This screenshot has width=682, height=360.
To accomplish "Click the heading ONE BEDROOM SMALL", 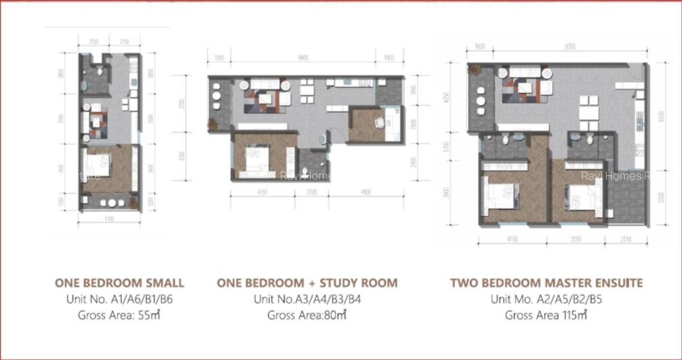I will pos(119,283).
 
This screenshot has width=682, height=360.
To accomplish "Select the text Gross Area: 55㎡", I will pos(119,316).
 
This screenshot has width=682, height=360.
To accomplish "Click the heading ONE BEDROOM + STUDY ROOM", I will pos(307,283).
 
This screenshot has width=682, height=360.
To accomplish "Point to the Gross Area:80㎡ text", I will pos(307,316).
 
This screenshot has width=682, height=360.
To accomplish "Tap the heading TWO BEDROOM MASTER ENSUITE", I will pos(546,283).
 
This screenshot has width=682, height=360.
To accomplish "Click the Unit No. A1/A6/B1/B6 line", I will pos(119,299).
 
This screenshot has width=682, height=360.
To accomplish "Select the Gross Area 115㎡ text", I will pos(546,316).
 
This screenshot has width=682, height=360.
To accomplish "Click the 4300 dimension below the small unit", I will pos(109,219).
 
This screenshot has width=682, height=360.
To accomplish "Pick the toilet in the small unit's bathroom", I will pos(100,71).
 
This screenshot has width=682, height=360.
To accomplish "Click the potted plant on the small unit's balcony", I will pos(133,202).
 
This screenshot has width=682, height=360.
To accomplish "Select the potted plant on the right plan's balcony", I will pos(474,70).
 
